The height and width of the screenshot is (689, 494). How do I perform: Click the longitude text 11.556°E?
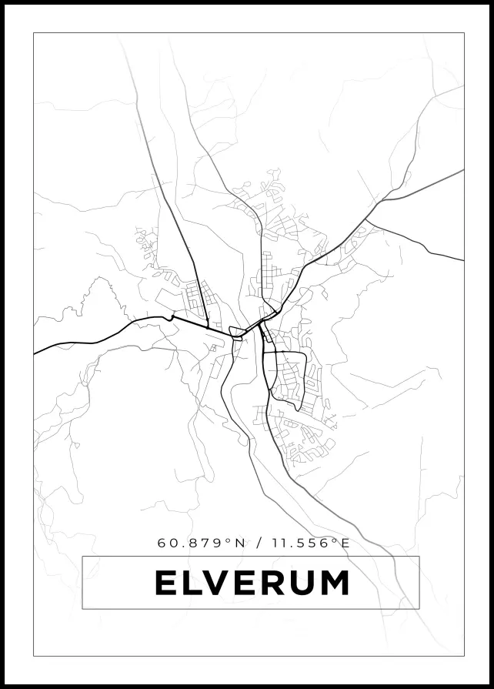click(x=310, y=543)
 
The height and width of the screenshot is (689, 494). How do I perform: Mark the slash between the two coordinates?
click(x=259, y=543)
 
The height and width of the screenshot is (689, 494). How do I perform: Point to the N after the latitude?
click(x=240, y=543)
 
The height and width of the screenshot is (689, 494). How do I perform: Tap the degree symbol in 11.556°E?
click(x=335, y=540)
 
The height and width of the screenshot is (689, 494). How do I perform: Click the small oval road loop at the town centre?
click(x=238, y=333)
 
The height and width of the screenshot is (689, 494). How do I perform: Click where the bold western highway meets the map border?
click(x=35, y=353)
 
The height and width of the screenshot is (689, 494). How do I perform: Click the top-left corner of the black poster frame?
click(x=2, y=2)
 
